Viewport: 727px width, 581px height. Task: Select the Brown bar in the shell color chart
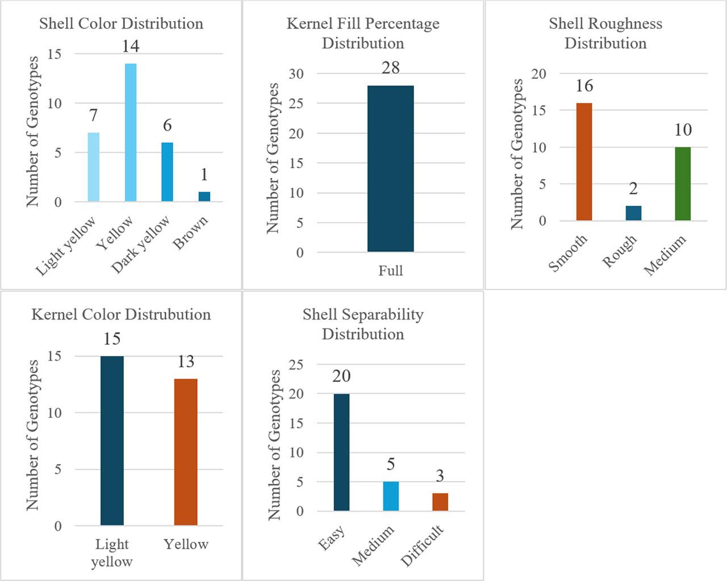[204, 197]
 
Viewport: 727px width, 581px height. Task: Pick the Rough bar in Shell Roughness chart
[633, 213]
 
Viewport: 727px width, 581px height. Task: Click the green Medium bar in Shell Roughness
[683, 184]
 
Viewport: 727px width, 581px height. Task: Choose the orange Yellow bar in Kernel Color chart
[186, 452]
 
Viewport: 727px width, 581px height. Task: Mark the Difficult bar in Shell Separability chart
[440, 502]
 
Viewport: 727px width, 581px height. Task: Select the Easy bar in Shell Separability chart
[341, 453]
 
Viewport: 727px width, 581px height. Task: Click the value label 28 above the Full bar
[390, 68]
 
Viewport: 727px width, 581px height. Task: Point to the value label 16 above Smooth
[584, 86]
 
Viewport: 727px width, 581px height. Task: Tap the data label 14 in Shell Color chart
[130, 46]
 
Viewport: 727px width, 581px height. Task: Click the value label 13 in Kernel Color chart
[186, 362]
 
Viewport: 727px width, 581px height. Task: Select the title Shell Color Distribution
[121, 23]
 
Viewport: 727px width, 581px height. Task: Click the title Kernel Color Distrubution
[121, 314]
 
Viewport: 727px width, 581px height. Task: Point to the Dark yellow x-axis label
[141, 243]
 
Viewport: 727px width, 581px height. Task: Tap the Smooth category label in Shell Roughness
[568, 253]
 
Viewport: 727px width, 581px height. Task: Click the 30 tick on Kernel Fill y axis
[296, 74]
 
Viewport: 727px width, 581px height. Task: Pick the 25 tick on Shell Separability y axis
[296, 364]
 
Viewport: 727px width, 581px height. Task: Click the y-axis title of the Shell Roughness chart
[517, 153]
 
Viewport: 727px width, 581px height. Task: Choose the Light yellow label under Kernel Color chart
[112, 553]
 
